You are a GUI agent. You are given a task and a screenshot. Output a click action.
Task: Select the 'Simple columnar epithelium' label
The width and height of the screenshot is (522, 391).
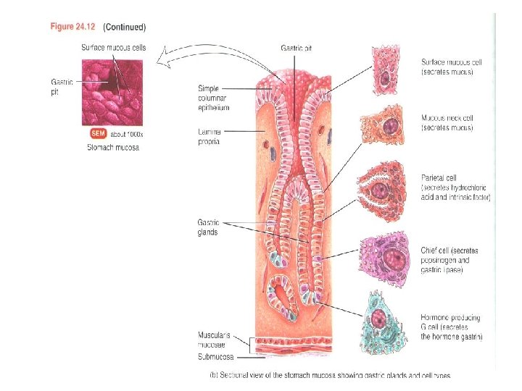213,98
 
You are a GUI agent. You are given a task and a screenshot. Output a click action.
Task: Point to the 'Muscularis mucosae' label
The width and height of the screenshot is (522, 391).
215,340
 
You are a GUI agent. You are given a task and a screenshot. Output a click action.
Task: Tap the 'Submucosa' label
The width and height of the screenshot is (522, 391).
215,356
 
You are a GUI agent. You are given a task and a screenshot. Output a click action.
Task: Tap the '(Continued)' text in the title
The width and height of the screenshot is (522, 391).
125,28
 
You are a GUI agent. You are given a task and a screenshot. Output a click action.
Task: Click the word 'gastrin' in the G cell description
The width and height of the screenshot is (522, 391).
471,337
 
